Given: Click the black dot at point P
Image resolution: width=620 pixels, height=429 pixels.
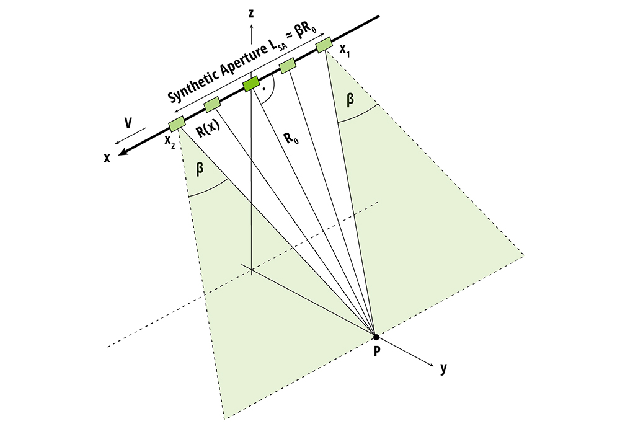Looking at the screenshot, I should [x=375, y=337].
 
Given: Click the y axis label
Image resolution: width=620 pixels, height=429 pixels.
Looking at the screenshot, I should [x=443, y=368].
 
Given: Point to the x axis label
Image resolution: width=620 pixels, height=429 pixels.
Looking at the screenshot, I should [x=107, y=157].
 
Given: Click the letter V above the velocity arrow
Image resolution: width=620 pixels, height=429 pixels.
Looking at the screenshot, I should [x=128, y=123].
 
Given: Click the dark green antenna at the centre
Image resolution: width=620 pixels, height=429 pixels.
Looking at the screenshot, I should [x=251, y=84].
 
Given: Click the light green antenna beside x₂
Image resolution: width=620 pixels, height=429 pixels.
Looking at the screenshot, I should [x=177, y=122].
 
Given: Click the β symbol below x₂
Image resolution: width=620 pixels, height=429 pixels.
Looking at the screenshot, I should [x=200, y=168].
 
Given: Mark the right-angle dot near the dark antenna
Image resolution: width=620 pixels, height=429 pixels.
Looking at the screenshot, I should [x=265, y=89].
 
